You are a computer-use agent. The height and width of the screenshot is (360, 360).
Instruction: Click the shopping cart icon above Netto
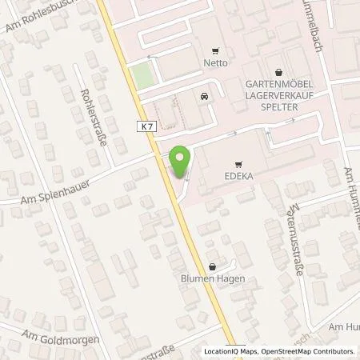click(x=214, y=52)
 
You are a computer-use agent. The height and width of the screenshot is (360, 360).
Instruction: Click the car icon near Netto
click(x=203, y=98)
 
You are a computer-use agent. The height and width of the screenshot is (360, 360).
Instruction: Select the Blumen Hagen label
click(x=212, y=279)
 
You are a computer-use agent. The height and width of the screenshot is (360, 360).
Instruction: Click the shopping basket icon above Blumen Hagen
click(x=212, y=266)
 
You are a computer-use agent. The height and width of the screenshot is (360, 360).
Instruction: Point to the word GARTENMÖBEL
click(x=277, y=84)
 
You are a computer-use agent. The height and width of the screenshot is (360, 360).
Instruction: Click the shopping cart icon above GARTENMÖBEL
click(x=277, y=70)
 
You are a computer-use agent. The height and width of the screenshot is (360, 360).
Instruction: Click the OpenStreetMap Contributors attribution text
click(x=307, y=351)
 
